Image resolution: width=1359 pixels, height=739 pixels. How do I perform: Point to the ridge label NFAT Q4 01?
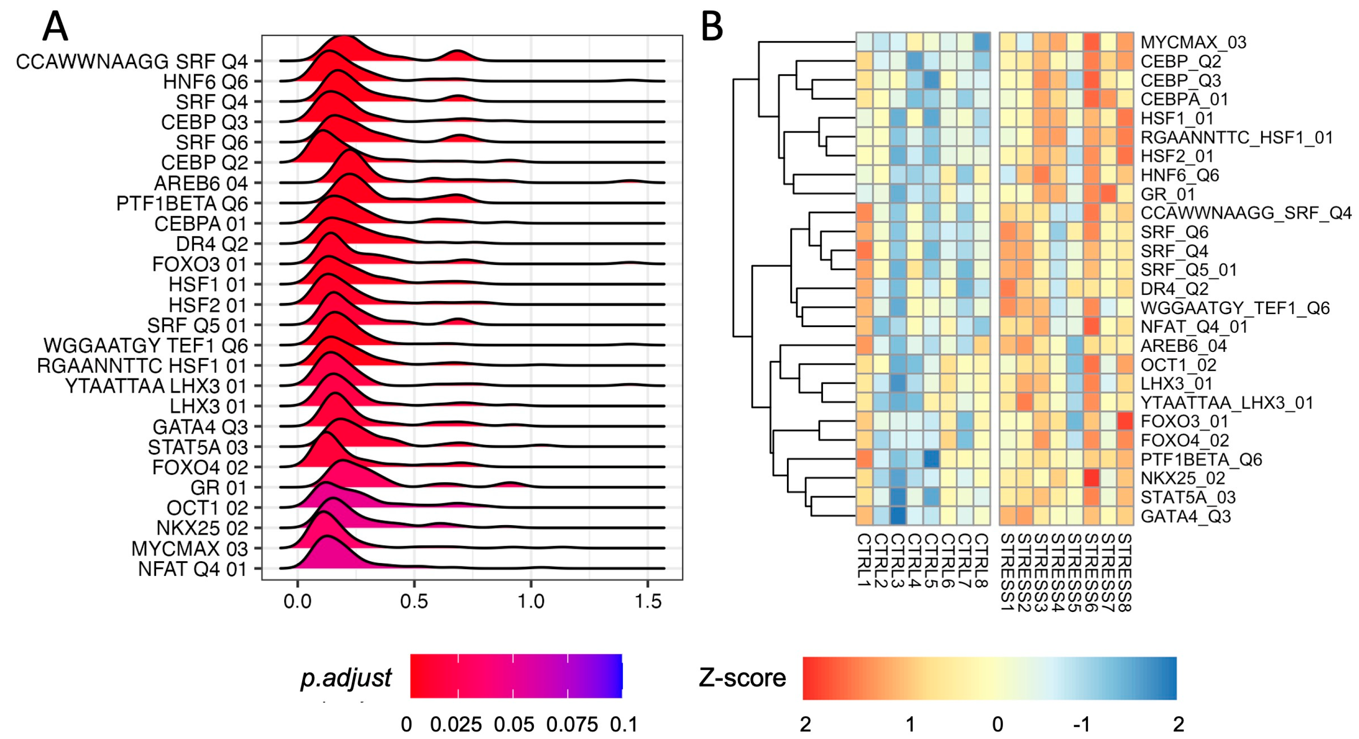(x=192, y=569)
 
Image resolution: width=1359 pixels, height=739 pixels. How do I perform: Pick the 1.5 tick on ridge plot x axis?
(x=648, y=601)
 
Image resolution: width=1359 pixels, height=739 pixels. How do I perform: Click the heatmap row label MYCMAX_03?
(x=1193, y=42)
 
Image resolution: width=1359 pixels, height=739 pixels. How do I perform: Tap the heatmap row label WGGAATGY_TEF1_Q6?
(x=1234, y=308)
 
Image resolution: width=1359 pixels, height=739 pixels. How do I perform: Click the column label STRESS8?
(x=1125, y=572)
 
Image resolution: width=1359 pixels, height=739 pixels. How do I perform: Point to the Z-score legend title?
(x=742, y=678)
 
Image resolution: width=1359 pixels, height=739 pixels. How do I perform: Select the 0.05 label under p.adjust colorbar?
(x=513, y=725)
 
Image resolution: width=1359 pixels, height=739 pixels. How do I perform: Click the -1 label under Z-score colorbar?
(x=1082, y=725)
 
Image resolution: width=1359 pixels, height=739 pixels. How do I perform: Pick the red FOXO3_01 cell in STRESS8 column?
(x=1125, y=421)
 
